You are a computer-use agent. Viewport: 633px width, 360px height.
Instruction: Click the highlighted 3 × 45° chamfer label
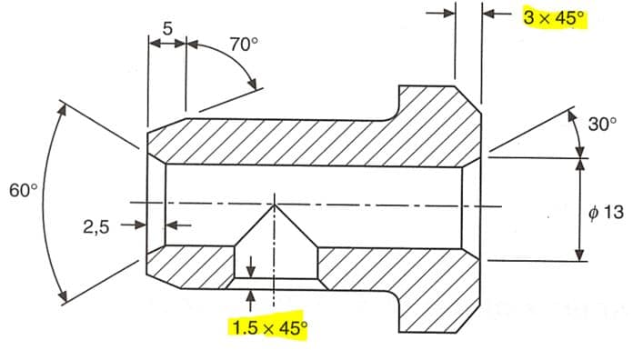coord(554,18)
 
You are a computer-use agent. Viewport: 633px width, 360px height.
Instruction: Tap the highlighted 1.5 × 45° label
coord(269,328)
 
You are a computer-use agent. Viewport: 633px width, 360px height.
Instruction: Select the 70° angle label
coord(244,44)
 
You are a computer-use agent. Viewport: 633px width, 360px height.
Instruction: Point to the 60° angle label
coord(24,190)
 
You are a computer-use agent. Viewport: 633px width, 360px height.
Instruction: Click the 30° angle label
coord(602,124)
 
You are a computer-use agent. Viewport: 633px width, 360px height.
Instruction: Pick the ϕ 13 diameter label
coord(606,212)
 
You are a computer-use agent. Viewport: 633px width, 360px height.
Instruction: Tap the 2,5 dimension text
coord(96,226)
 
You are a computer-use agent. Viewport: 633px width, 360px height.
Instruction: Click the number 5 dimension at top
coord(167,29)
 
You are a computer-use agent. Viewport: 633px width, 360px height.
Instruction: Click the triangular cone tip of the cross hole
coord(275,205)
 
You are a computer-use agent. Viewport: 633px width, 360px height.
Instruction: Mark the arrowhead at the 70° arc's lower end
coord(253,84)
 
